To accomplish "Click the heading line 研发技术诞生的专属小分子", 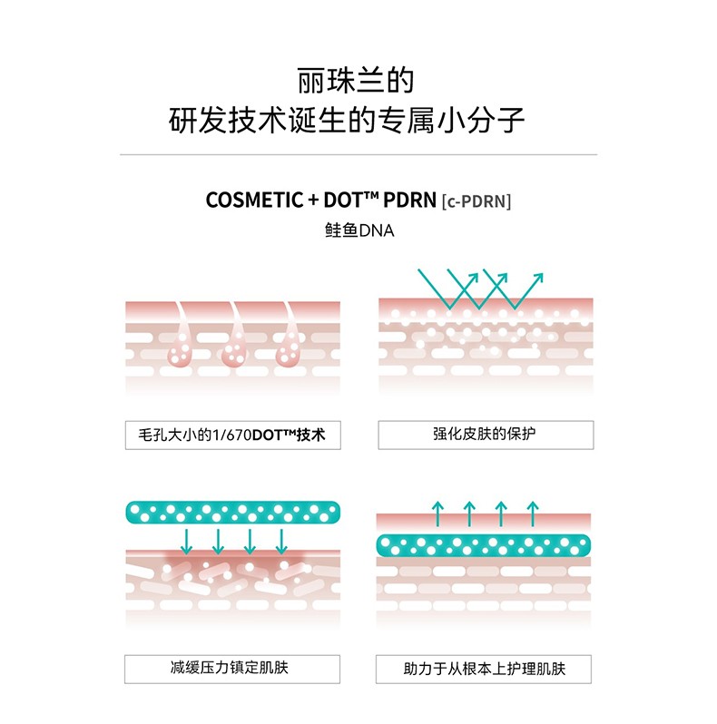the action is tap(358, 120).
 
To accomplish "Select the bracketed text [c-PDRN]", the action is tap(476, 201).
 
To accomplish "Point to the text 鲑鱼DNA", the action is tap(358, 231).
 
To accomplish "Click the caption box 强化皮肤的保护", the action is tap(486, 435).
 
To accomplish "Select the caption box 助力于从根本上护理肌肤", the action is tap(485, 670).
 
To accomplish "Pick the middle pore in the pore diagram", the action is tap(236, 349).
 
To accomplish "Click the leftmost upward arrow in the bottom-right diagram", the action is tap(437, 514).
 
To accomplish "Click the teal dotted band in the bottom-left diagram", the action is tap(233, 513).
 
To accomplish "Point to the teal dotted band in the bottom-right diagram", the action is tap(484, 544).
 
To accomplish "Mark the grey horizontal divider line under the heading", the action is tap(358, 156).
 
